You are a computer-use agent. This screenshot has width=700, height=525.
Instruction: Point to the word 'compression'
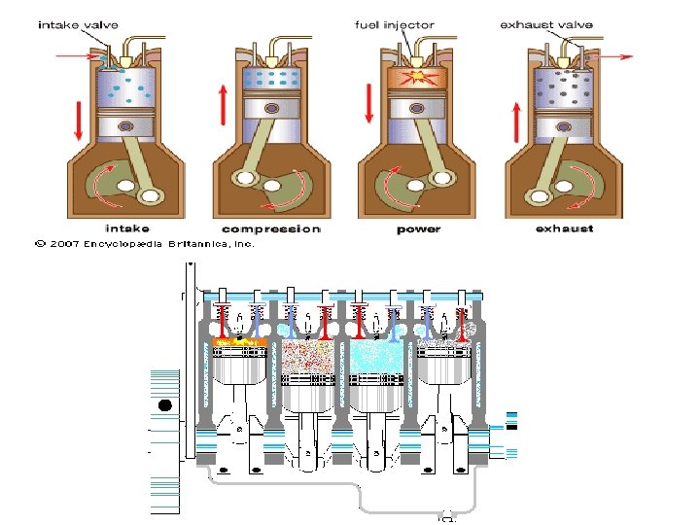[x=270, y=228]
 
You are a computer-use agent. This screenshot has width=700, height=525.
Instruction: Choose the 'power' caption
[x=418, y=228]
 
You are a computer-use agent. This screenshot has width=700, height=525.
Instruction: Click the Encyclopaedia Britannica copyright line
[x=145, y=244]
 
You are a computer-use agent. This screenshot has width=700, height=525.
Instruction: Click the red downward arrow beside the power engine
[x=368, y=104]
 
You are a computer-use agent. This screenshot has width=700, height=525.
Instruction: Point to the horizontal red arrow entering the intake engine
[x=77, y=57]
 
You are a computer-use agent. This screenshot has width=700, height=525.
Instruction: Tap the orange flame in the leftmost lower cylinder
[x=239, y=342]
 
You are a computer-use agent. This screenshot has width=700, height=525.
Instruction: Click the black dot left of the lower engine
[x=164, y=405]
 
